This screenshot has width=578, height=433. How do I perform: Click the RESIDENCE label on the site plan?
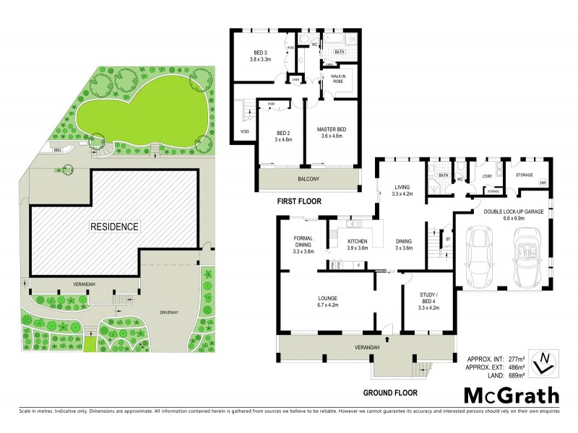click(x=114, y=226)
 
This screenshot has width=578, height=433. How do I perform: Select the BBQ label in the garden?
click(x=56, y=149)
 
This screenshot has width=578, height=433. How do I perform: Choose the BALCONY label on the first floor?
click(x=307, y=178)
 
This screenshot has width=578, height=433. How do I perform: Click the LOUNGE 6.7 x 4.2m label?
click(x=334, y=301)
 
